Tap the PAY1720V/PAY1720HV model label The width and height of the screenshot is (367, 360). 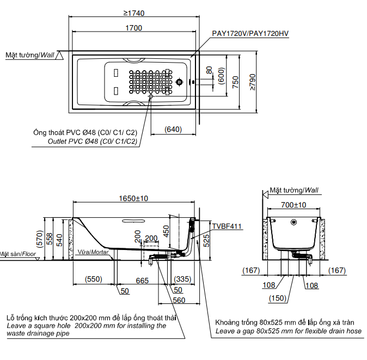point(250,34)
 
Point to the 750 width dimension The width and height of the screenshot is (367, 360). point(235,81)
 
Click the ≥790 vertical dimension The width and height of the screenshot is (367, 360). point(252,81)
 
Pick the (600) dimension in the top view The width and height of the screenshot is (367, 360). point(221,75)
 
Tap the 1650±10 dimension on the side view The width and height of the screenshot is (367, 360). point(133,199)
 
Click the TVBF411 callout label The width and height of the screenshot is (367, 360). point(227,225)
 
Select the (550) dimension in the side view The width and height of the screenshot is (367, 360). point(93,279)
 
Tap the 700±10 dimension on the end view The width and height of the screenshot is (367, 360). point(294,205)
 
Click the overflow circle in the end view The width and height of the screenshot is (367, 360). point(294,222)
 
